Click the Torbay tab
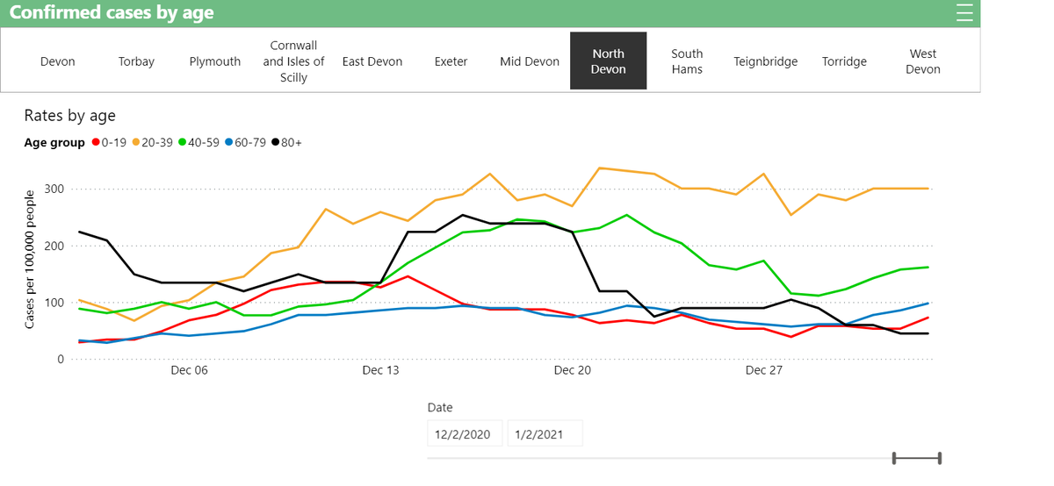coord(136,61)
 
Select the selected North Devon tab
coord(608,61)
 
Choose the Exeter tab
coord(451,61)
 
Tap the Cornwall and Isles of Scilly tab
coord(293,61)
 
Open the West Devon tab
coord(922,61)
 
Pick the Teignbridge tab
coord(766,61)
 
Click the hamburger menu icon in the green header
coord(964,13)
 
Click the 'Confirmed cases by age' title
coord(124,13)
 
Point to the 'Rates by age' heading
coord(69,116)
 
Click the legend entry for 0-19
coord(109,143)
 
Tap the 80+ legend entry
coord(286,143)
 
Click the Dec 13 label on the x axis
coord(380,371)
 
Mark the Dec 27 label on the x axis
coord(763,371)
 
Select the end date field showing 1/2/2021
coord(545,433)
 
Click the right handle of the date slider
coord(940,457)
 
